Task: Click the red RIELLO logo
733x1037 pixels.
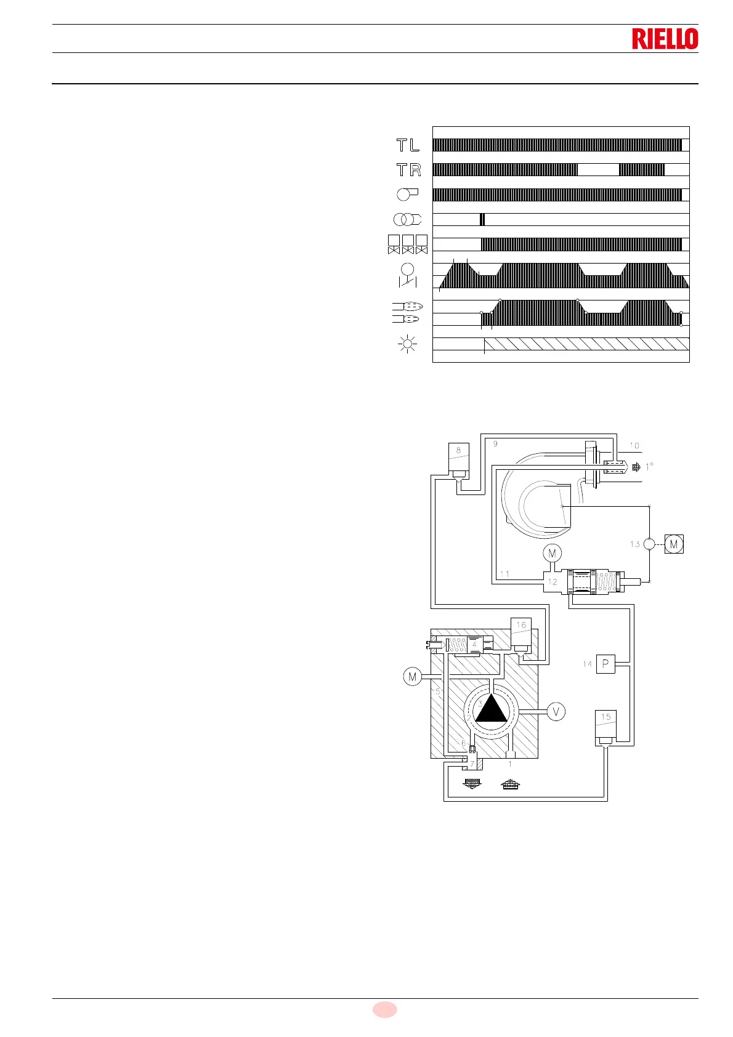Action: [x=665, y=39]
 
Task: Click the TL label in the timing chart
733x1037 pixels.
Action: [x=408, y=145]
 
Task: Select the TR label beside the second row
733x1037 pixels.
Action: [x=408, y=170]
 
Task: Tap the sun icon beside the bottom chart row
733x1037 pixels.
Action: [x=408, y=344]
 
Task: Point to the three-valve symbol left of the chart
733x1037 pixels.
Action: [x=407, y=244]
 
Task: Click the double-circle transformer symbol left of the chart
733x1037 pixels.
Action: [x=407, y=219]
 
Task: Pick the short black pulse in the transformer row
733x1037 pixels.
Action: [x=482, y=219]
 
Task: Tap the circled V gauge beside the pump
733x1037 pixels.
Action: [x=556, y=712]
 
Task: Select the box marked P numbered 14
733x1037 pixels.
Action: [x=605, y=664]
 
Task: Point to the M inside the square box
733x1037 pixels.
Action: [x=674, y=544]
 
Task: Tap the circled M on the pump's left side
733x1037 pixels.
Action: [x=412, y=677]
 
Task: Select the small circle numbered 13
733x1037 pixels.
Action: [x=650, y=544]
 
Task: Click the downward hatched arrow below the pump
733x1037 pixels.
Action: [x=472, y=784]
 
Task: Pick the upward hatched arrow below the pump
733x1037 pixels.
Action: [x=511, y=784]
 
